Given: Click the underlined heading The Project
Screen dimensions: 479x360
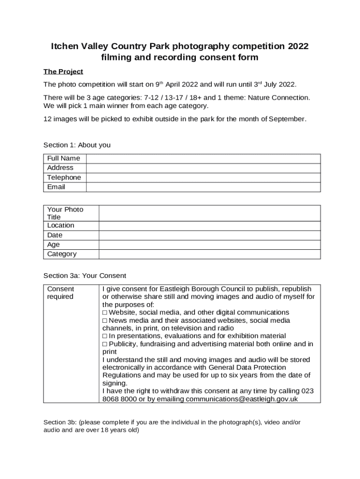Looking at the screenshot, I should (x=63, y=72).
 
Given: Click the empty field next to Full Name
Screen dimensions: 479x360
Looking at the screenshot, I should (x=203, y=159).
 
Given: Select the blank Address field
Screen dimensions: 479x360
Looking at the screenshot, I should (x=203, y=168).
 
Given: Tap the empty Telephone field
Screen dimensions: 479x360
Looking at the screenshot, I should (x=203, y=178).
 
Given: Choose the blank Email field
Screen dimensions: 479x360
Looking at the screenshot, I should (x=203, y=187).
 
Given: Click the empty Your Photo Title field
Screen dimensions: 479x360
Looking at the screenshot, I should (x=209, y=213).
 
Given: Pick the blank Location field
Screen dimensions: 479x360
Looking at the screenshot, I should (x=209, y=225).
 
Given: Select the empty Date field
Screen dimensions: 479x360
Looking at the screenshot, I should (x=209, y=235).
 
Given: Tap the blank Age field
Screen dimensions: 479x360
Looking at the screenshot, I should (x=209, y=245).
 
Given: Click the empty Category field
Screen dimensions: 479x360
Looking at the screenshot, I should (x=209, y=254).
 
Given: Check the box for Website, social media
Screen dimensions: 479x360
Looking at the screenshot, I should (x=105, y=312).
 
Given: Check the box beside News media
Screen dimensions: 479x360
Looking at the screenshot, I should (x=105, y=320).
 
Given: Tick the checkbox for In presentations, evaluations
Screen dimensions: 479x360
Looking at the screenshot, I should (x=105, y=336).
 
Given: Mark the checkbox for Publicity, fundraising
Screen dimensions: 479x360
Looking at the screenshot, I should (x=105, y=344).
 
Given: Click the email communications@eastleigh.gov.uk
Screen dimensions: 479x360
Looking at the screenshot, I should (x=242, y=399).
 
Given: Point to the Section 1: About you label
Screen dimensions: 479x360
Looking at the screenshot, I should (x=77, y=145).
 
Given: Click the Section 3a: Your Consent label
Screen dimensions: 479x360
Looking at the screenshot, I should (x=85, y=276).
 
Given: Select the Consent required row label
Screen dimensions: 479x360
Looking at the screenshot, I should (x=60, y=293).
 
